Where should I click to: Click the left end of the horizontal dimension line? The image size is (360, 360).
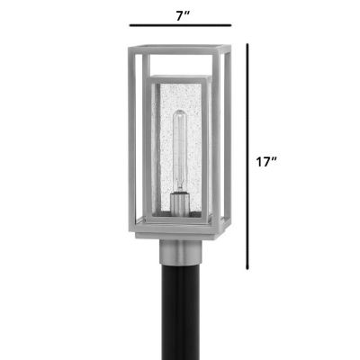point(129,27)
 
